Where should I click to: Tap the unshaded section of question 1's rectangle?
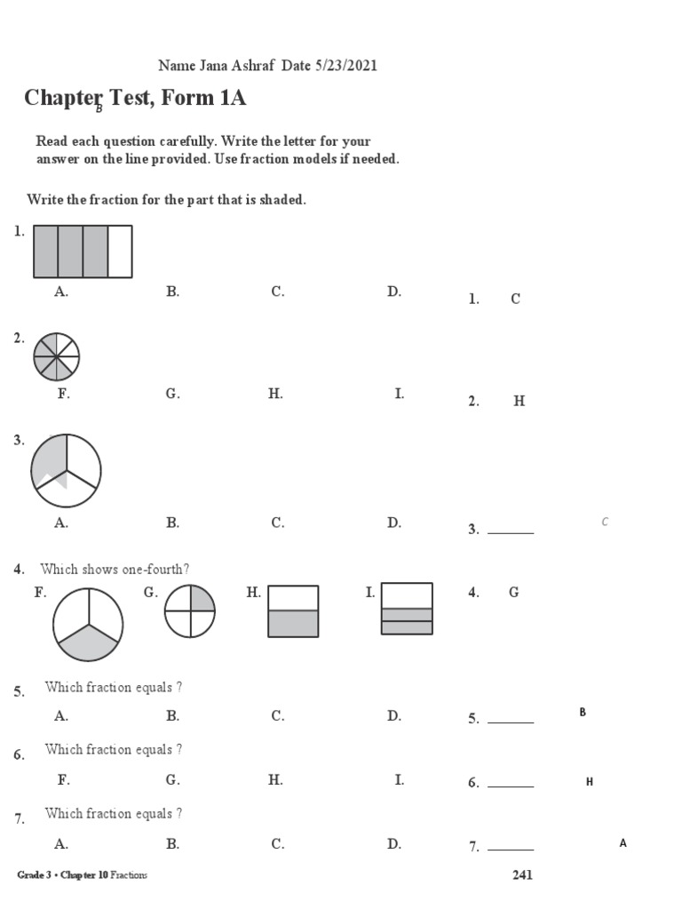(120, 251)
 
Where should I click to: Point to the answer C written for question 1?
(515, 299)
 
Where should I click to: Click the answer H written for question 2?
(519, 402)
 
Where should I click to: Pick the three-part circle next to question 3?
(66, 470)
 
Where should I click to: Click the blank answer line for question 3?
(511, 532)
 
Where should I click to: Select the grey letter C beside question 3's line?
(605, 522)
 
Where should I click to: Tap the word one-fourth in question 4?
(160, 570)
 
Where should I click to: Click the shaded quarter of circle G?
(202, 599)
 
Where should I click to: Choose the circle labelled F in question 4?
(87, 626)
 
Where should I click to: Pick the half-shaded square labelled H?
(293, 611)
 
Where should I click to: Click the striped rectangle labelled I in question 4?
(407, 609)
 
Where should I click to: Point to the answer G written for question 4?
(514, 593)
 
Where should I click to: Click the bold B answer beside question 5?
(583, 712)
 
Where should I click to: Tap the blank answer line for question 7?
(511, 850)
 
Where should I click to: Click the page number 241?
(522, 875)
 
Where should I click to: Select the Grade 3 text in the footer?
(34, 875)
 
